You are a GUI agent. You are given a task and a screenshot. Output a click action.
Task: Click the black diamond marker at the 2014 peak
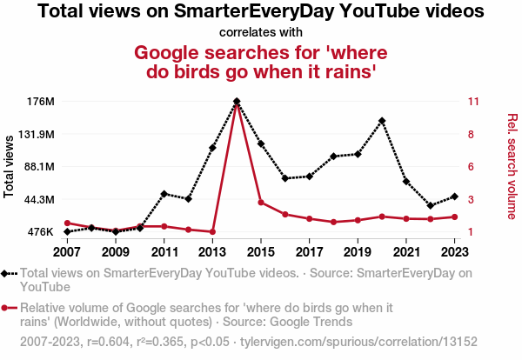coord(237,102)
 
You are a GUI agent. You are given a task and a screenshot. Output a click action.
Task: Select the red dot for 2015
coord(261,203)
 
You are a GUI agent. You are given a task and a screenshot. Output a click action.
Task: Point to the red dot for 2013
coord(212,232)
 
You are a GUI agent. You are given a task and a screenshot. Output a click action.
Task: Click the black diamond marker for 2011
coord(164,194)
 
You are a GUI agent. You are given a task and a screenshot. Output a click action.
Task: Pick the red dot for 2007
coord(67,223)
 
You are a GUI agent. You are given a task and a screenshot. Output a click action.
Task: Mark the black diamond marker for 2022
coord(431,206)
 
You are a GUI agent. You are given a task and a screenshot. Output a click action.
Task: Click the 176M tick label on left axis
coord(41,102)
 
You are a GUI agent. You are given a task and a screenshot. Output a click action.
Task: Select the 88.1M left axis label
coord(39,167)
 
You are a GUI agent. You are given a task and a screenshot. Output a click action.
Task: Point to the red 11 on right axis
coord(473,102)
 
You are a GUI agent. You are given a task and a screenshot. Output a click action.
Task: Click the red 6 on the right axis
coord(471,167)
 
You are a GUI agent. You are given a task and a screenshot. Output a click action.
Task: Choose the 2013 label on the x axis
coord(212,252)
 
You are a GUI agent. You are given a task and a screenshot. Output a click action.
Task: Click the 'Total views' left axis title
coord(10,166)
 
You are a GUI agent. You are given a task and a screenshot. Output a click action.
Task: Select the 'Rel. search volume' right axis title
coord(512,166)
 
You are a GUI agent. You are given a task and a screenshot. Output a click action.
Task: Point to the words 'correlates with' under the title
coord(261,33)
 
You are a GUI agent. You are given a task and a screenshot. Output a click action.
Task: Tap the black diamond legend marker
coord(7,273)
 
